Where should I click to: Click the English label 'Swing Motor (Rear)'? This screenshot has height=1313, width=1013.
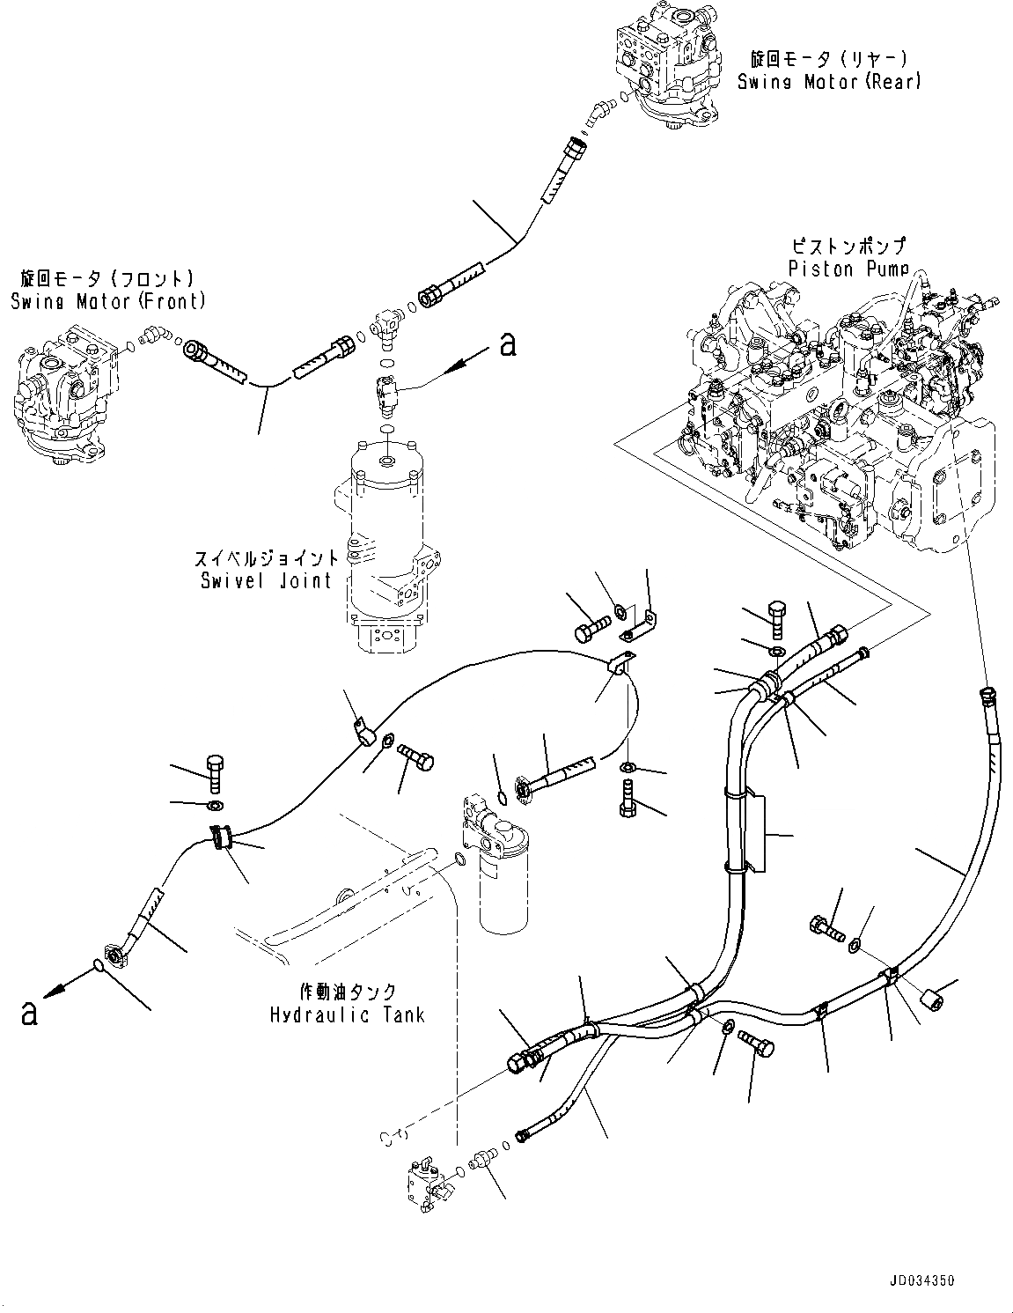coord(828,82)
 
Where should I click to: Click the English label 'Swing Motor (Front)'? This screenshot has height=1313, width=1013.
coord(108,301)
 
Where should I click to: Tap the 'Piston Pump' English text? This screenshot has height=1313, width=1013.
coord(848,269)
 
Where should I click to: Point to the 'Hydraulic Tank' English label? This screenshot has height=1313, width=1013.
coord(348,1015)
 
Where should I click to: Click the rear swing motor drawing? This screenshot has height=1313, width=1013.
coord(669,66)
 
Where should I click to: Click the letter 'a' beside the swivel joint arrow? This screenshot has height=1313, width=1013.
coord(508,344)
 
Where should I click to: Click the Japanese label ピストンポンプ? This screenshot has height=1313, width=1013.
coord(848,247)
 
